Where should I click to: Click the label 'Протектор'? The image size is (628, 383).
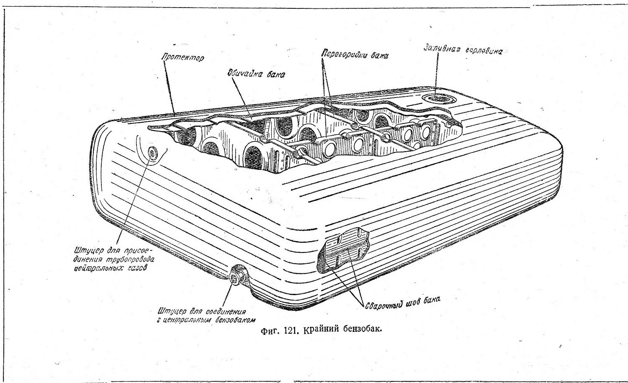pyautogui.click(x=183, y=57)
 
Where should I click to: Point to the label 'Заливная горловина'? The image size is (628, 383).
pyautogui.click(x=462, y=50)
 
